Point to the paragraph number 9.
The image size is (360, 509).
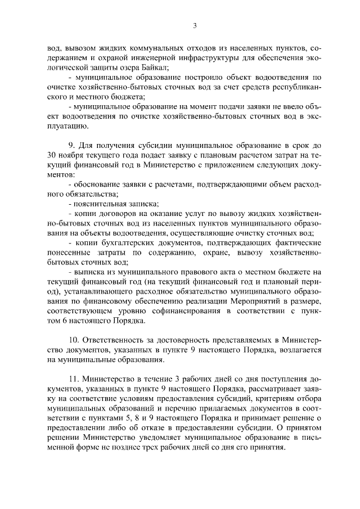point(70,145)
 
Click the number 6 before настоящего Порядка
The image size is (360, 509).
point(66,322)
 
